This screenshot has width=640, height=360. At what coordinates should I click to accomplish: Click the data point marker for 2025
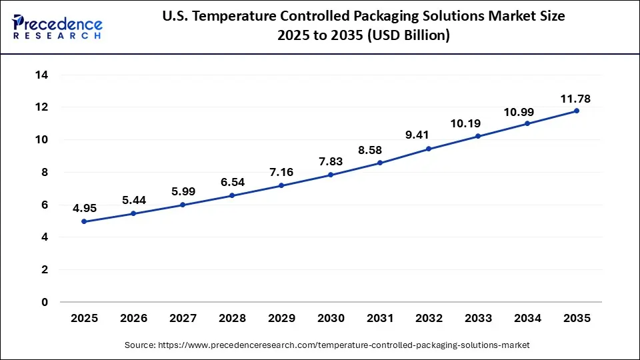tap(84, 221)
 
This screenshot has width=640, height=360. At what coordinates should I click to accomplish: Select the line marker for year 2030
tap(330, 175)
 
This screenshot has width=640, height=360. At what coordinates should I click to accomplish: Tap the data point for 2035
tap(576, 111)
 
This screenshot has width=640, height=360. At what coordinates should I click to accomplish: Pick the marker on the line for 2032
tap(429, 149)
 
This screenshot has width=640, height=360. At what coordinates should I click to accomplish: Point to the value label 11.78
tap(575, 99)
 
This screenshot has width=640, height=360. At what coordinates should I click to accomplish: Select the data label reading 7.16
tap(281, 172)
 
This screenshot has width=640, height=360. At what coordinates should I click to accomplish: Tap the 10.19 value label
tap(477, 123)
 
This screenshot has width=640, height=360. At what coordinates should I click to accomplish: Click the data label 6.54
tap(231, 182)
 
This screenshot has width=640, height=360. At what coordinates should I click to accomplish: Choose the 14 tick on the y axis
tap(41, 75)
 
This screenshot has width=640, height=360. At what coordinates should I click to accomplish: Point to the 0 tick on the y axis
tap(45, 302)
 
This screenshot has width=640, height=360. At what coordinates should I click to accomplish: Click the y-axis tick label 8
tap(45, 172)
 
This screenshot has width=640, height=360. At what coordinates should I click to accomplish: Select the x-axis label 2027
tap(182, 319)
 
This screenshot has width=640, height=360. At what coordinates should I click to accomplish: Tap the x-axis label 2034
tap(527, 319)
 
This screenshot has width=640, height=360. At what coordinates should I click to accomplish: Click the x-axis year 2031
tap(379, 319)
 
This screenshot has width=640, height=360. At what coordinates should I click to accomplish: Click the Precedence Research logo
tap(57, 27)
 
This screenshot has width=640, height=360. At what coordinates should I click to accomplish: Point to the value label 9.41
tap(429, 135)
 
